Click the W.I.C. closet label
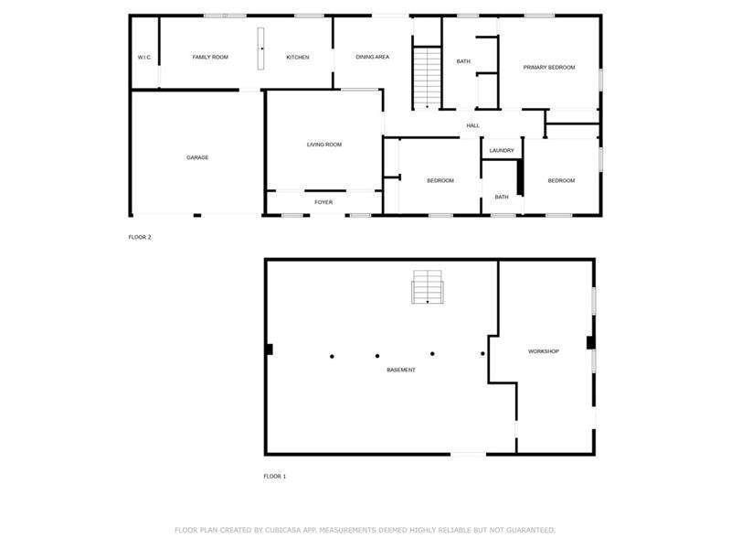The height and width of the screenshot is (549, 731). [144, 58]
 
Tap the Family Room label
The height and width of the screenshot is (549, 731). [210, 57]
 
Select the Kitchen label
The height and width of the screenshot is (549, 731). [298, 57]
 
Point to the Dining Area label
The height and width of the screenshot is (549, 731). [373, 57]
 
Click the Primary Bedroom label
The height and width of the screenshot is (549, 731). [549, 67]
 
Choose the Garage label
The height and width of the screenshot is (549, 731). [197, 157]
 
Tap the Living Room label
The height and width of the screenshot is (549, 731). [324, 145]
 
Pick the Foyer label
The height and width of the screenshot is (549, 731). [323, 202]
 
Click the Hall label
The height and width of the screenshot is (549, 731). [472, 125]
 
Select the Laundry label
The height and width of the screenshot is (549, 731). [502, 150]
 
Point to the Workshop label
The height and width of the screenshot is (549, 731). [543, 351]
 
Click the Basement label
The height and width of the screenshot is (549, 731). [401, 370]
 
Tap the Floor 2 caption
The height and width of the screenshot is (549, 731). [140, 237]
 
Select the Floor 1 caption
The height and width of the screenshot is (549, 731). [275, 476]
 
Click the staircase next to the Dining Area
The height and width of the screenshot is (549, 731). [427, 77]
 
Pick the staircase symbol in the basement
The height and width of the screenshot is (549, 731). [427, 286]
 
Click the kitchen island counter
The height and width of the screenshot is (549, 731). [260, 48]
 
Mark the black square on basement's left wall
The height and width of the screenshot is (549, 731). [269, 350]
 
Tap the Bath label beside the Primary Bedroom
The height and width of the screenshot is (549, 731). [463, 61]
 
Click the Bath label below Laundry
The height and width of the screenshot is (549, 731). [502, 197]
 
